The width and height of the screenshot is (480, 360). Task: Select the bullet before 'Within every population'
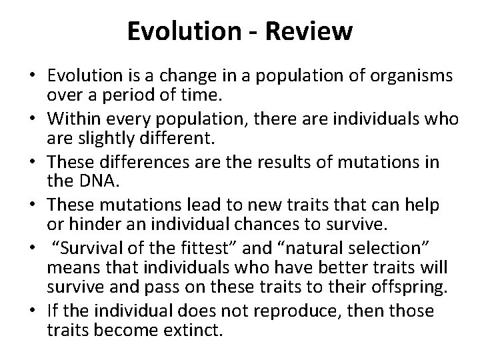33,120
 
